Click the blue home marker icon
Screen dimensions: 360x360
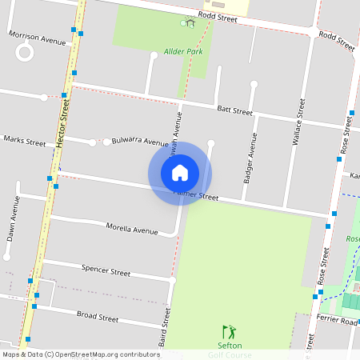click(180, 173)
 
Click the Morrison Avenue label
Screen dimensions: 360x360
click(37, 38)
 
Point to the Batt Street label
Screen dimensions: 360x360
click(234, 110)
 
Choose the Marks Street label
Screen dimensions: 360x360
click(25, 141)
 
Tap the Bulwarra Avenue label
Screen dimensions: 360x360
click(140, 141)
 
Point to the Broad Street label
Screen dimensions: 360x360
click(97, 318)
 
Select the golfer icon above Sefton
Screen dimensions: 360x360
click(229, 331)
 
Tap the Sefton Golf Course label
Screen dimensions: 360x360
click(229, 350)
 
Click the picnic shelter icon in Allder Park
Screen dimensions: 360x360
click(190, 22)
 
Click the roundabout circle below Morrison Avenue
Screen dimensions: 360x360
click(25, 54)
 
